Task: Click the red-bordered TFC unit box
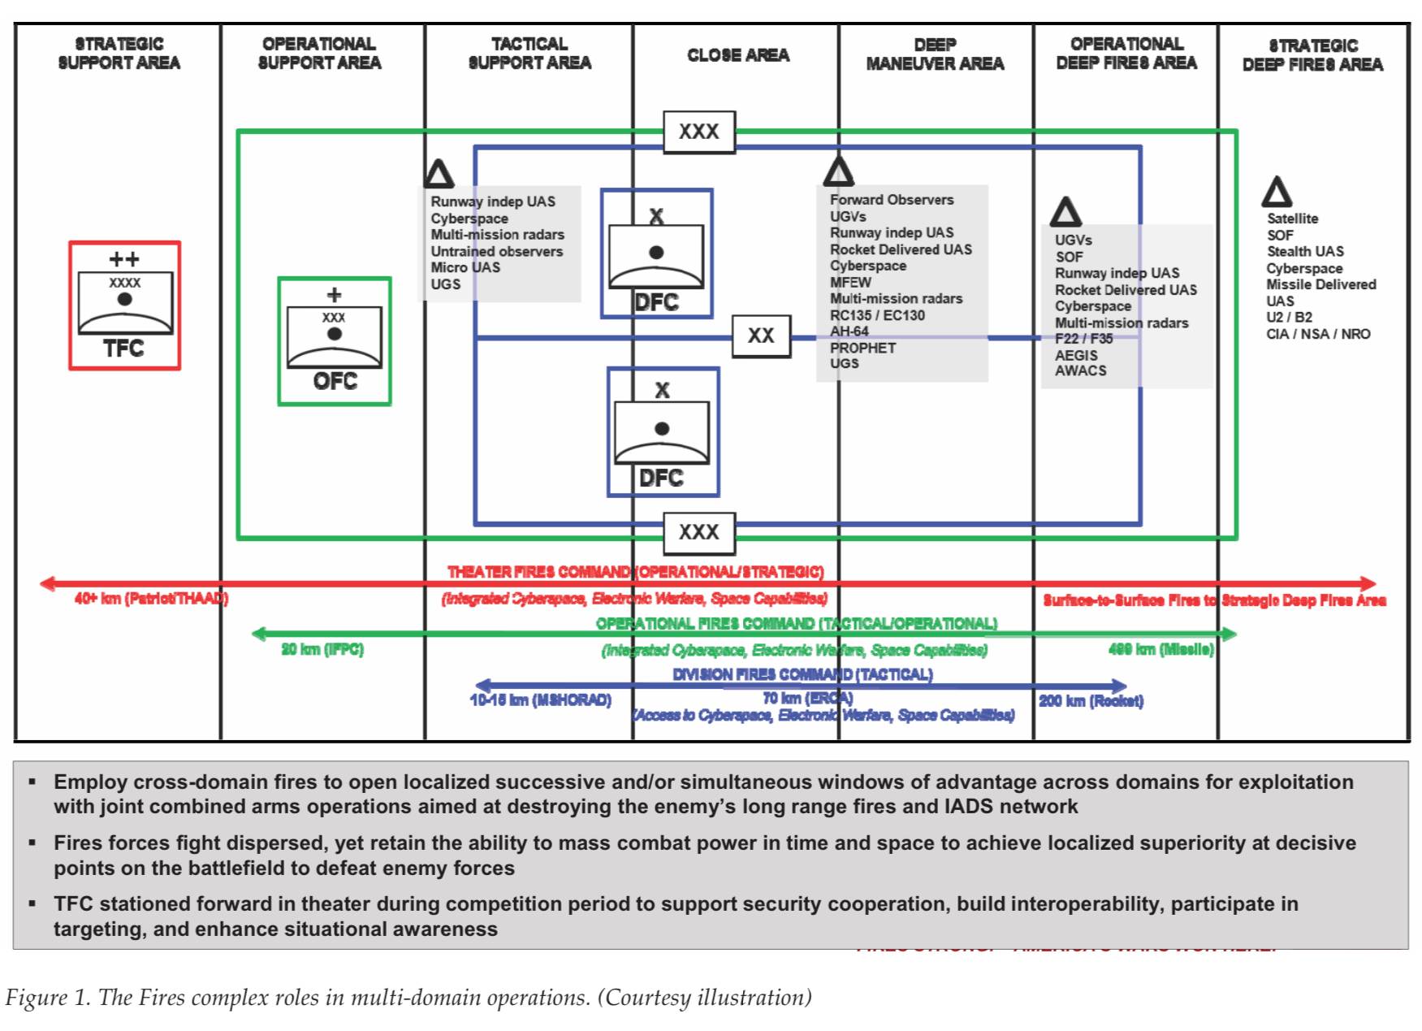pos(124,305)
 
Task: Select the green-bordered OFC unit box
pos(334,341)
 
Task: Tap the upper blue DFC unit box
pos(656,253)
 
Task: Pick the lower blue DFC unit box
pos(663,431)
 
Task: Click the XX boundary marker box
pos(761,336)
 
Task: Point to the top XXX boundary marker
pos(699,132)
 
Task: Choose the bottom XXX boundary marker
pos(699,532)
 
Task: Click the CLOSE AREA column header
pos(737,55)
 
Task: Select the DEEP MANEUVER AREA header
pos(935,54)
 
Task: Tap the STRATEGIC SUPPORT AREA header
pos(119,53)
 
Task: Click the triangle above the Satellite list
pos(1276,193)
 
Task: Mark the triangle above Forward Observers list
pos(838,171)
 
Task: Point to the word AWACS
pos(1080,370)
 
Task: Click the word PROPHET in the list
pos(862,348)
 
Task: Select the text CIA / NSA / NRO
pos(1317,334)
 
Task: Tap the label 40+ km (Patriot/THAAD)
pos(151,599)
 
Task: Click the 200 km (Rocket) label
pos(1091,700)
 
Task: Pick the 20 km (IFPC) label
pos(322,649)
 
